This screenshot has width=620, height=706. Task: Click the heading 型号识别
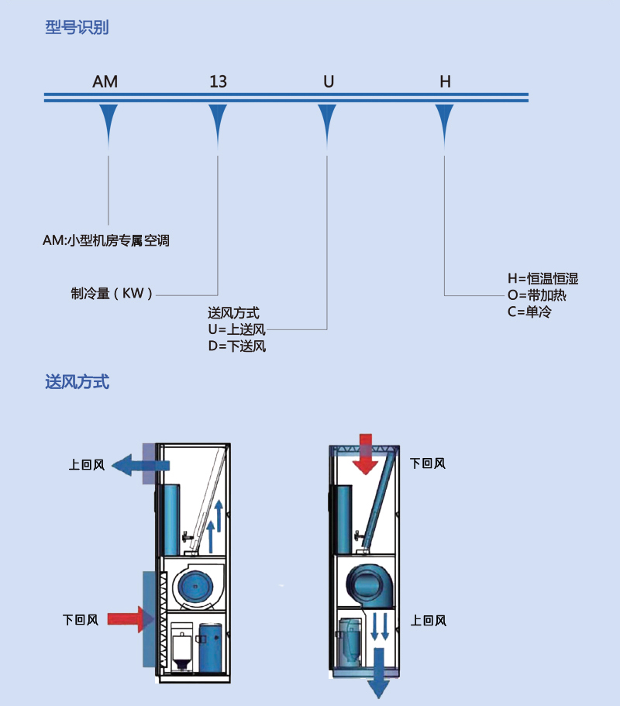[77, 27]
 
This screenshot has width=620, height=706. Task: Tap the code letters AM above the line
[105, 81]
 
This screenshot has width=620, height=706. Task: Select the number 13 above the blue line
[218, 81]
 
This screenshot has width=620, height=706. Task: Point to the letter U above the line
[329, 81]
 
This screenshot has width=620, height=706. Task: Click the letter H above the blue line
[445, 81]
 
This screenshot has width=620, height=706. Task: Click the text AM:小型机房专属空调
[106, 240]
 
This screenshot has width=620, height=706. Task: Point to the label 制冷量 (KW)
[112, 294]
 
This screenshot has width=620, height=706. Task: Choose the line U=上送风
[237, 329]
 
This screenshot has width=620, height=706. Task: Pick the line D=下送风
[237, 346]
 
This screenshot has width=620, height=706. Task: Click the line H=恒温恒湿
[543, 279]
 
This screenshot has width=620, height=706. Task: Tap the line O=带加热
[537, 295]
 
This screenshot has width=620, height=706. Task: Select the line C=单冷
[529, 312]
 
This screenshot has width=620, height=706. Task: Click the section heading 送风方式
[77, 382]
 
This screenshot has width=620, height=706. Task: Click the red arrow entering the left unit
[130, 619]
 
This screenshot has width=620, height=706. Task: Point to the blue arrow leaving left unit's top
[140, 465]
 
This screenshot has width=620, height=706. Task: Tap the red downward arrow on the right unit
[366, 454]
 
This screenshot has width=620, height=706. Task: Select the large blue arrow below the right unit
[379, 673]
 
